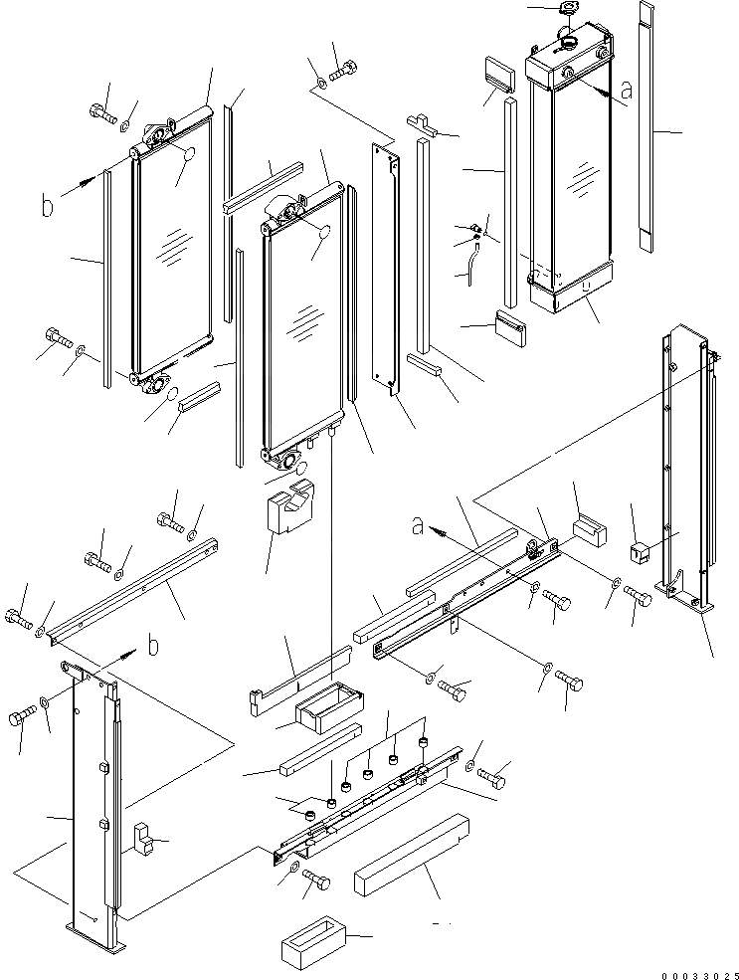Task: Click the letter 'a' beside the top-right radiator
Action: pyautogui.click(x=625, y=92)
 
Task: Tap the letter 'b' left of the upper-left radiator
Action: pyautogui.click(x=47, y=206)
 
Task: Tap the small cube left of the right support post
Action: pyautogui.click(x=640, y=548)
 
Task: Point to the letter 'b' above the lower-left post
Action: pyautogui.click(x=152, y=647)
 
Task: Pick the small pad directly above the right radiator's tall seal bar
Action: pyautogui.click(x=495, y=74)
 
